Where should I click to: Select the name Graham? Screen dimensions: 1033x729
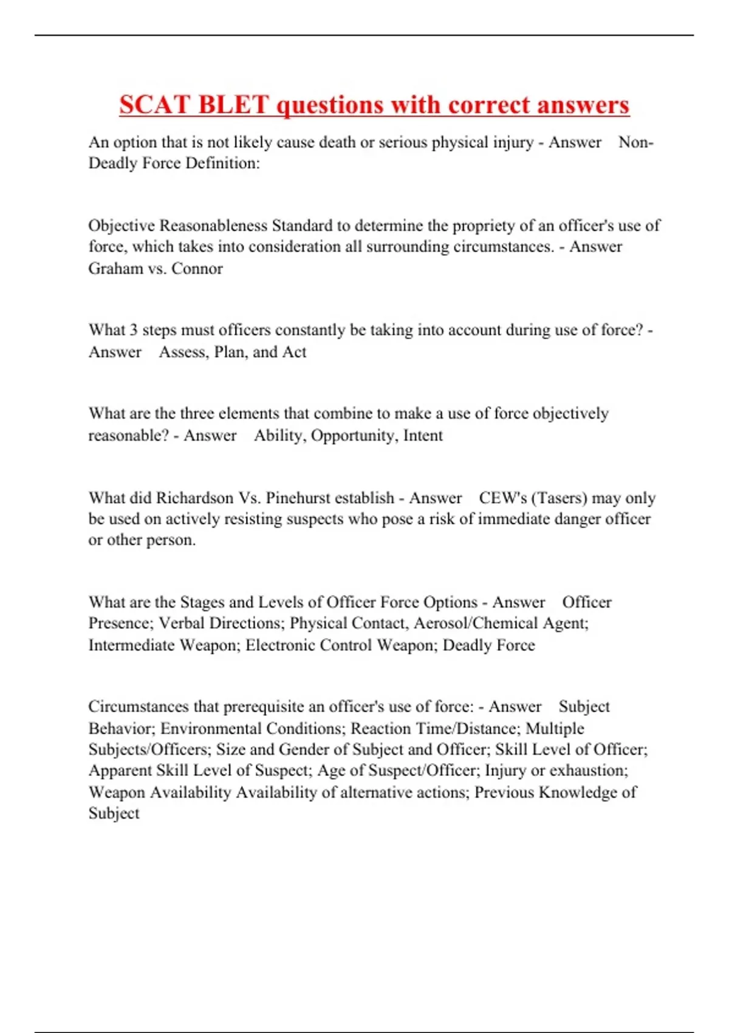(115, 268)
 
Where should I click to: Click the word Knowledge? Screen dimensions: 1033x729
(579, 792)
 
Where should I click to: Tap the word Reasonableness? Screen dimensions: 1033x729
(213, 225)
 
